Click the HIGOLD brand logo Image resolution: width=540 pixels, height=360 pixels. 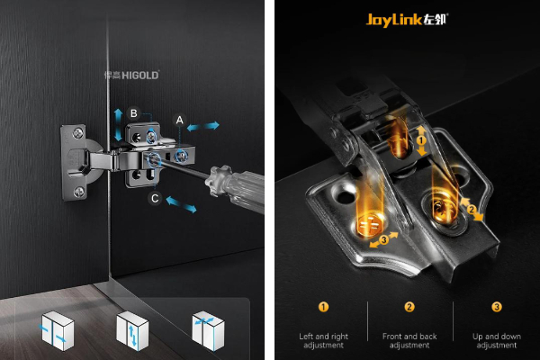(131, 75)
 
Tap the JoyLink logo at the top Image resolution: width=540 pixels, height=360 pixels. (407, 20)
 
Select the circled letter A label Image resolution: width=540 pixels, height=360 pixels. (179, 120)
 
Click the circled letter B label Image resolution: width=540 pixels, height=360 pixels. (133, 113)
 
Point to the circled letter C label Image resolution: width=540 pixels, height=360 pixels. (155, 198)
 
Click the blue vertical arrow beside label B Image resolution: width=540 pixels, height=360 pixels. (118, 125)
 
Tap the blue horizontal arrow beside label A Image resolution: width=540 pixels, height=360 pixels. (202, 126)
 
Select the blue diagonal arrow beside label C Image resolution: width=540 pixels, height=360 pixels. (181, 204)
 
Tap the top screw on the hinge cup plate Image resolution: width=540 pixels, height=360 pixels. (78, 133)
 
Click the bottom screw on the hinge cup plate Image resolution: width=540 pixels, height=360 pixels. (79, 192)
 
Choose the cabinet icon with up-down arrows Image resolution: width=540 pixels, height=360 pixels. (132, 330)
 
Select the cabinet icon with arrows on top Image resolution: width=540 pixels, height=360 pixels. (208, 330)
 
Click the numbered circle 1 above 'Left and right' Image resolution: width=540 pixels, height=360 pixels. (323, 307)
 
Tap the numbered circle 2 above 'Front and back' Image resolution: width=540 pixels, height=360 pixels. (409, 307)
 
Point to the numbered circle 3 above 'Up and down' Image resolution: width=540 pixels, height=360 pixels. (497, 307)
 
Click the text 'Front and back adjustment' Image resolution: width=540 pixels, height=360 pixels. (409, 341)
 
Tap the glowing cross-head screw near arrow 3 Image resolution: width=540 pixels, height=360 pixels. (369, 225)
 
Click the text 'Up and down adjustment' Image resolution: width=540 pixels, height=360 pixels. (497, 341)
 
